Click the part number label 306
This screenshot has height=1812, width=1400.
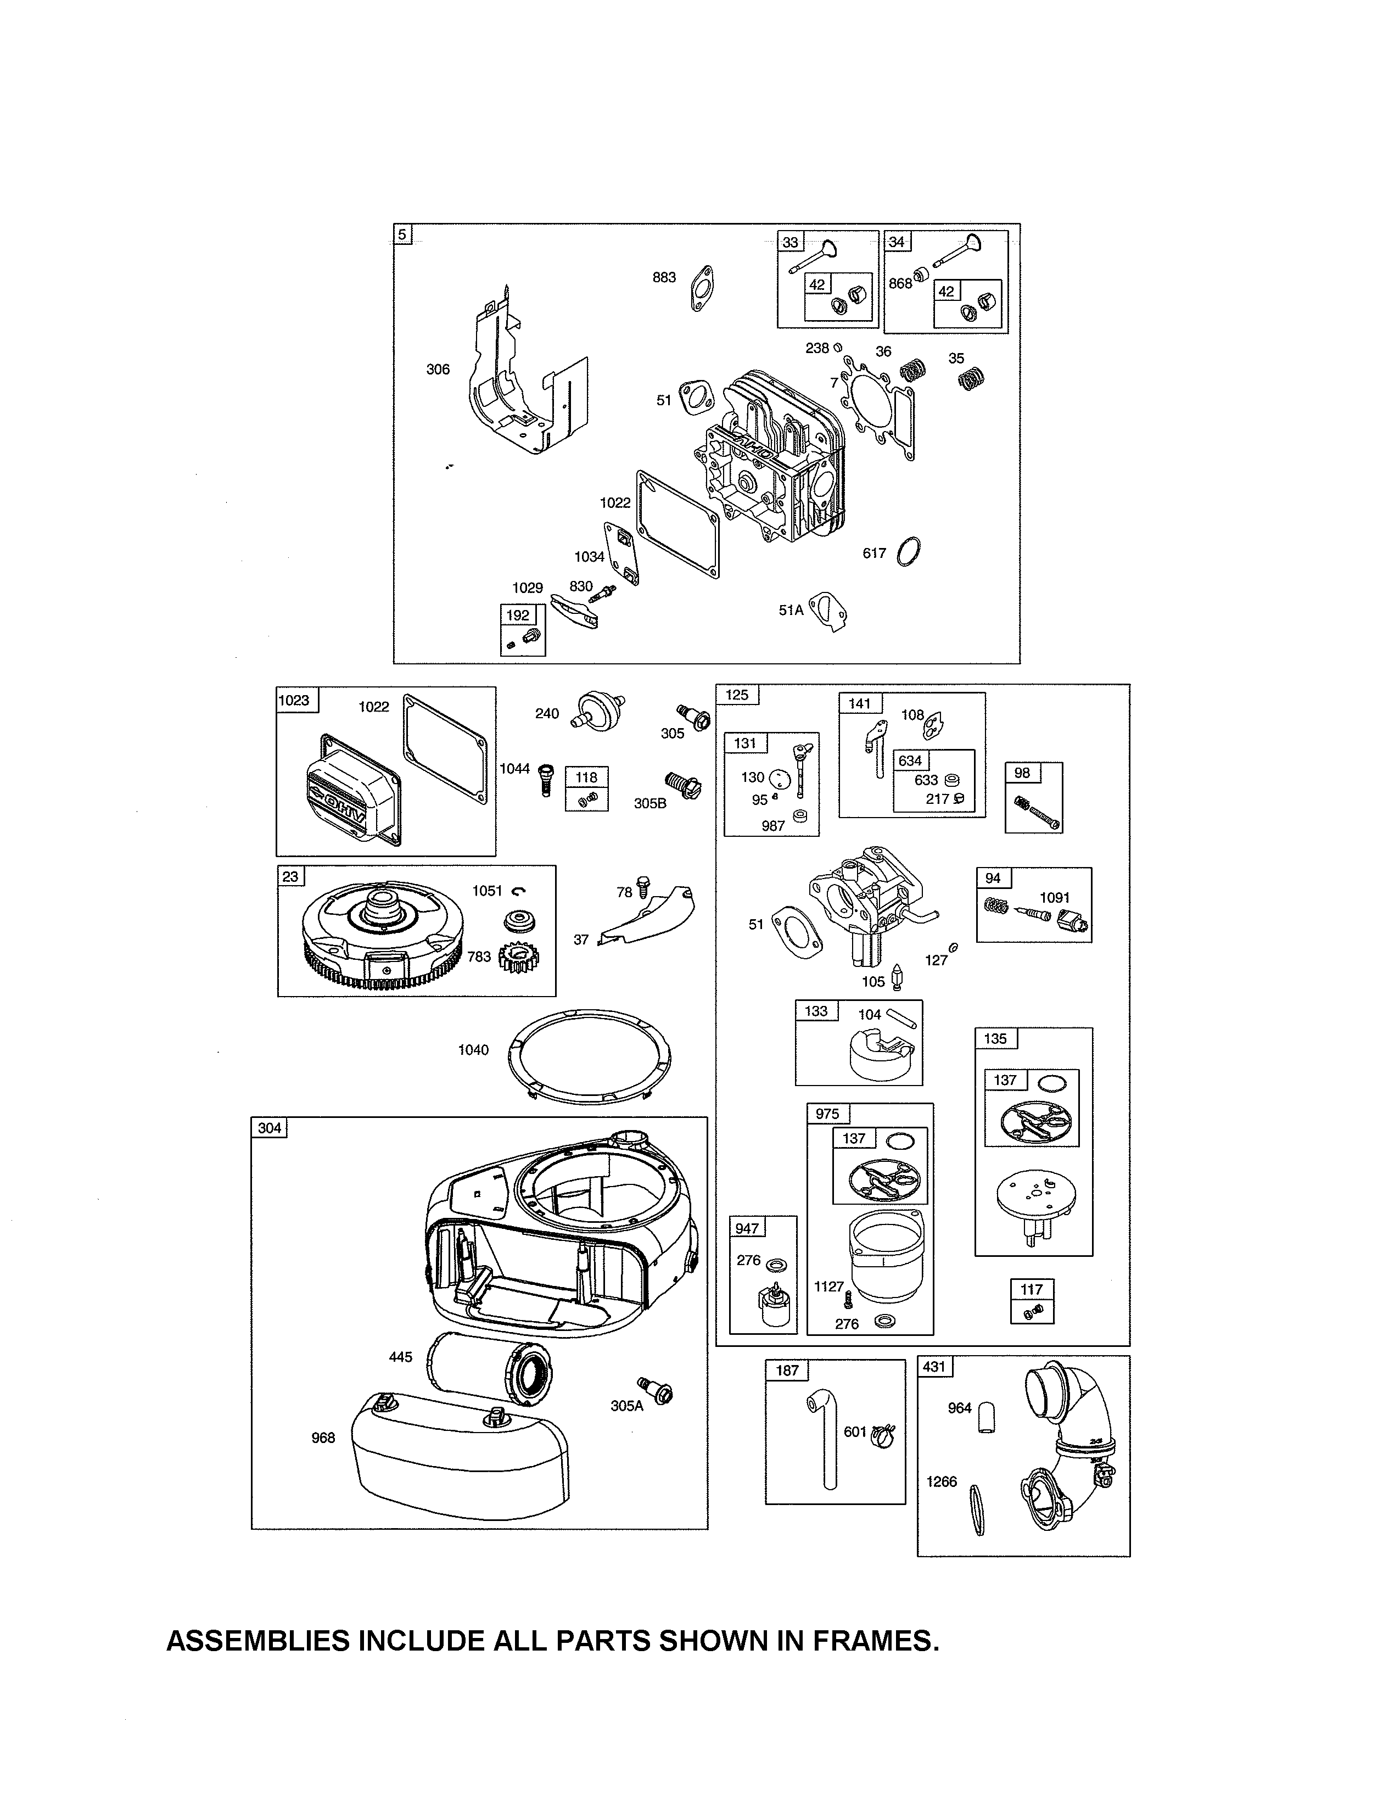click(438, 369)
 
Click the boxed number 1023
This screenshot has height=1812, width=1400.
click(294, 700)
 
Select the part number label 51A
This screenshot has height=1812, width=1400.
click(791, 610)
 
